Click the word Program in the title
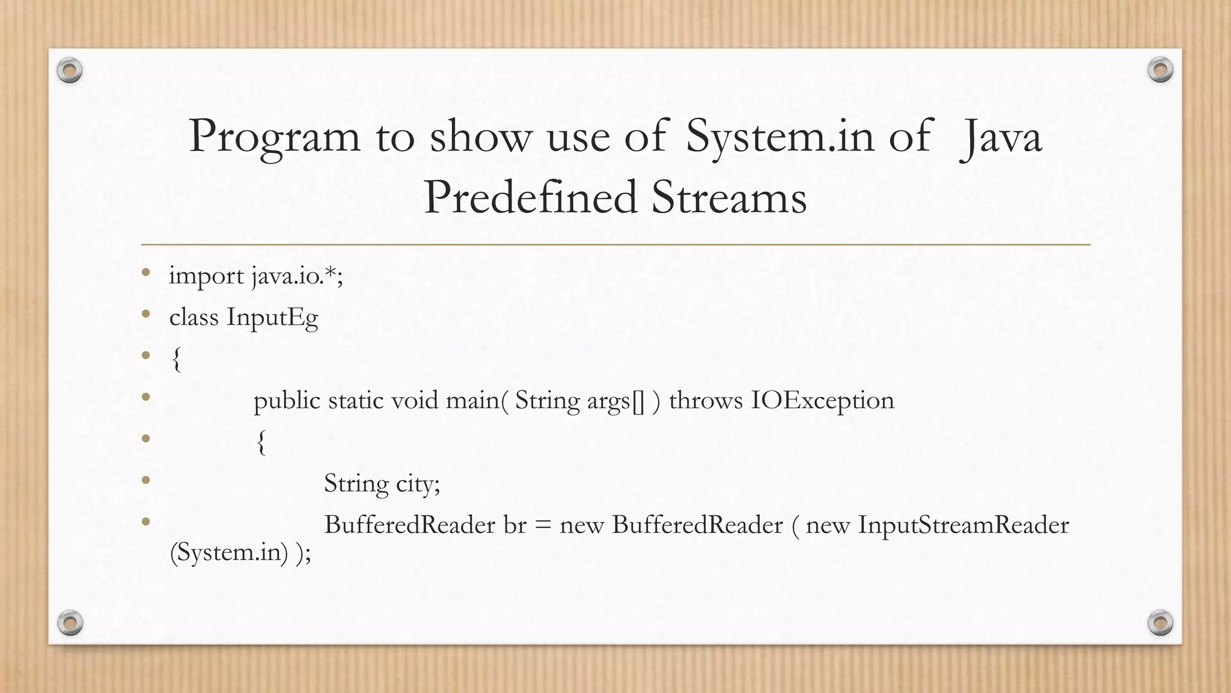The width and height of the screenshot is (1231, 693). [275, 137]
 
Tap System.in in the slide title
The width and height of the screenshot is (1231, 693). [780, 136]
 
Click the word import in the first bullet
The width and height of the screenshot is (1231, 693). [206, 276]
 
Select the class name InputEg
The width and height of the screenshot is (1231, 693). [272, 318]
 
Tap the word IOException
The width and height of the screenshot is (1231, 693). [822, 400]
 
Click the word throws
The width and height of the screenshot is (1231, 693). [706, 400]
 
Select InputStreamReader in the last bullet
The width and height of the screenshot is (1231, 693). [963, 525]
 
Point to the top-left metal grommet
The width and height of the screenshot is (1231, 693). [70, 71]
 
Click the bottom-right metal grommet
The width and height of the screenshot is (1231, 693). [1161, 623]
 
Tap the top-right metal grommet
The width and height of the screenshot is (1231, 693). [1161, 70]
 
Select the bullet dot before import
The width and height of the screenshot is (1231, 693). [145, 273]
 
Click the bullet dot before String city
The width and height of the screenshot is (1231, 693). [145, 479]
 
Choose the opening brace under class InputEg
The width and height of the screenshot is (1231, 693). [176, 359]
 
